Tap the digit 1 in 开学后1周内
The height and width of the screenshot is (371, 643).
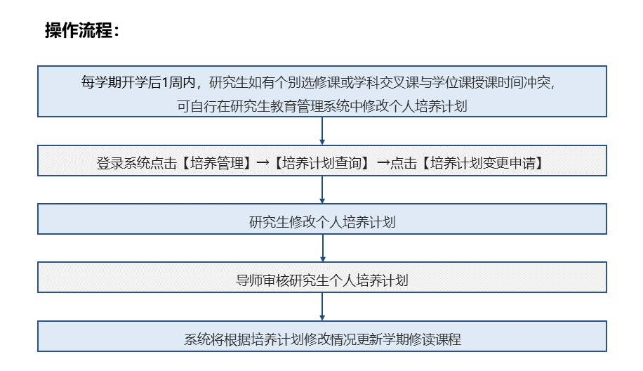tap(165, 82)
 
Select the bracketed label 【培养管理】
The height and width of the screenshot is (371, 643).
tap(216, 163)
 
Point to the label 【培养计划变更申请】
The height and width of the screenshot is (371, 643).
tap(483, 163)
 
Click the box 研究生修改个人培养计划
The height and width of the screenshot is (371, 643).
tap(322, 219)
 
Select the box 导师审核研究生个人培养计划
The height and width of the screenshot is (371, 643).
tap(322, 278)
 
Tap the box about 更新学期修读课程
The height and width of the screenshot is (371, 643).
tap(322, 336)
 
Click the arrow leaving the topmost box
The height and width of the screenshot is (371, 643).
tap(322, 131)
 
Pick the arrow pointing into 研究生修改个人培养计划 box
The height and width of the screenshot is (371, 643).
tap(322, 190)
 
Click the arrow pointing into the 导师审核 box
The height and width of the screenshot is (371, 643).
tap(322, 248)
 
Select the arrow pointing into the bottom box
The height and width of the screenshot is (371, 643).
tap(322, 306)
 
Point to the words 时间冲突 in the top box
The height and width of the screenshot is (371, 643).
tap(524, 82)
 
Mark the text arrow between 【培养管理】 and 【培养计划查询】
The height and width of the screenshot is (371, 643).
tap(263, 163)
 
